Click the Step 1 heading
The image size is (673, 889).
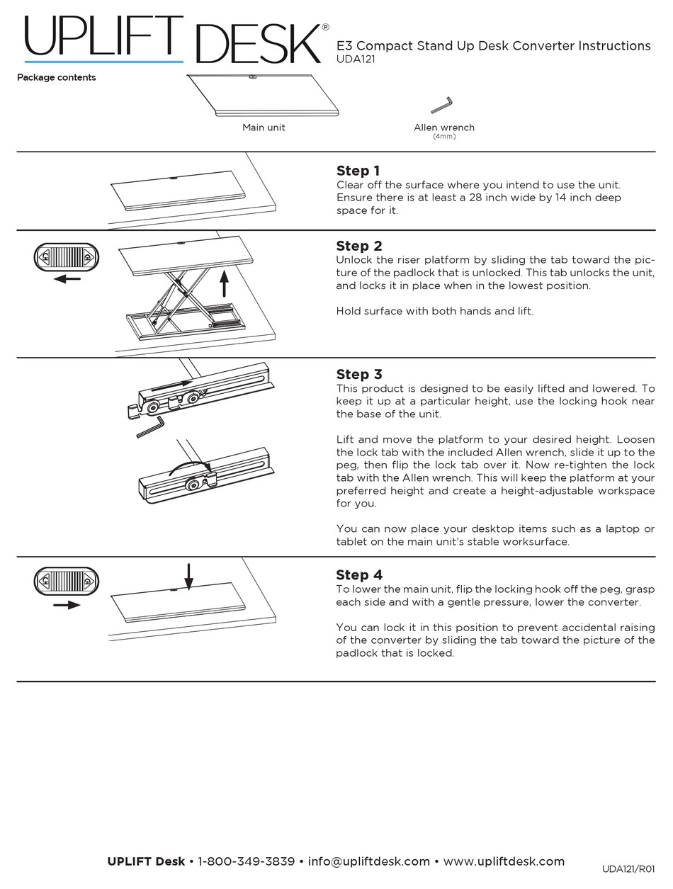point(358,171)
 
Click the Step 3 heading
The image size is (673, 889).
point(358,374)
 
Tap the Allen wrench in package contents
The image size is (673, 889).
point(442,106)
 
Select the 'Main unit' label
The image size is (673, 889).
point(264,128)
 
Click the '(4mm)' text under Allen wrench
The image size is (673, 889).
point(444,136)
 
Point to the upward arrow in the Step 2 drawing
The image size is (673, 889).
point(225,283)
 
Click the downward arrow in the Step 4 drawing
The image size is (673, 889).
point(188,576)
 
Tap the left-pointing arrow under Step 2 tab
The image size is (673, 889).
point(67,279)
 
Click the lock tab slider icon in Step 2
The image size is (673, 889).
point(67,256)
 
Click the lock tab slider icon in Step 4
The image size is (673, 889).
point(67,582)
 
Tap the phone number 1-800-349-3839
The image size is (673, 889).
point(246,861)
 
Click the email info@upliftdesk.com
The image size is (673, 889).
point(369,861)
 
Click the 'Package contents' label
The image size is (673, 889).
point(57,78)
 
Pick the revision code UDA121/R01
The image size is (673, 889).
point(628,869)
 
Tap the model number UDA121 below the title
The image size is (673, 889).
point(356,60)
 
